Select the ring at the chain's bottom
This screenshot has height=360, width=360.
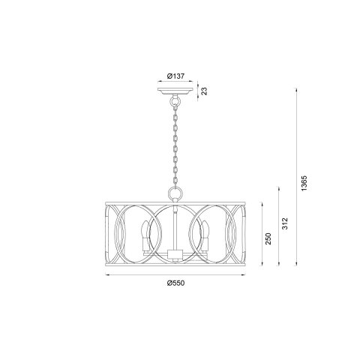(x=175, y=193)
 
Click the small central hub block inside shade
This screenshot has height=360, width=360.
(x=174, y=253)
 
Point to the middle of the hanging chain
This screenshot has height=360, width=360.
(x=174, y=142)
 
